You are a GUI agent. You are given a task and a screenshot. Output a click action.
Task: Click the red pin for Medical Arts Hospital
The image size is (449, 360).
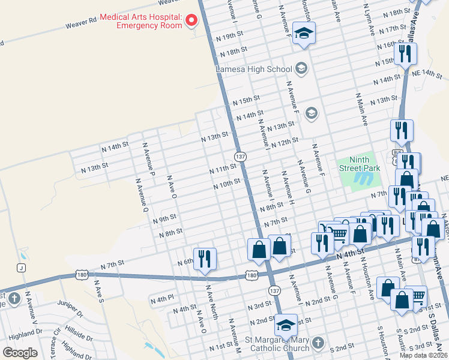192,21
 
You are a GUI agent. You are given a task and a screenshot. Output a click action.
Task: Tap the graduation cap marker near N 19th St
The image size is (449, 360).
304,34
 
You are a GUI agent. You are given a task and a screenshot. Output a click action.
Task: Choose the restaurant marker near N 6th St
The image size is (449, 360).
205,259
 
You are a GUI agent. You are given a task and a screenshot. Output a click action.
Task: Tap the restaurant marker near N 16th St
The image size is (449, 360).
405,54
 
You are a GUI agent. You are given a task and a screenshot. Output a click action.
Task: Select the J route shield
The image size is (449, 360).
22,268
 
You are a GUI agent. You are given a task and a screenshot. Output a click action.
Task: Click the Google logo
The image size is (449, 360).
20,352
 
